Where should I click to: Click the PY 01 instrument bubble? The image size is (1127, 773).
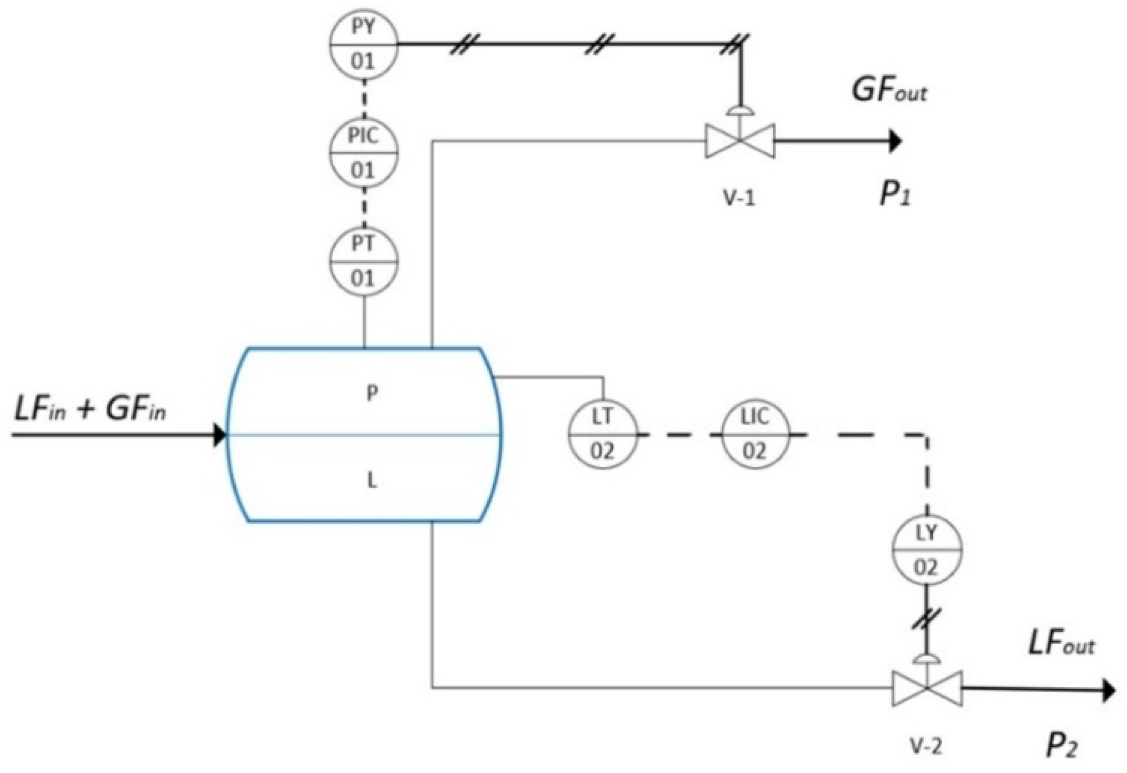364,44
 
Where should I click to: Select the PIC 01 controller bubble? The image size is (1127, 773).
364,152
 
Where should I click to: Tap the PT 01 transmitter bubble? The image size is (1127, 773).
364,261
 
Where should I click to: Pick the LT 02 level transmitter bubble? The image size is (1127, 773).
603,435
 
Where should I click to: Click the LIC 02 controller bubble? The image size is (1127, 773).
755,435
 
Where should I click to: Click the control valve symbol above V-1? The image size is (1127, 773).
740,141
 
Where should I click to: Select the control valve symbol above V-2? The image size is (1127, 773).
927,688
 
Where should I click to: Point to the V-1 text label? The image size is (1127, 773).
740,198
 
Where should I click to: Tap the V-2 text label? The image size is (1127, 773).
926,747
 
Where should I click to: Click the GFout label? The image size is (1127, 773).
889,90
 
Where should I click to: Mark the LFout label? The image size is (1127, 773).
1061,644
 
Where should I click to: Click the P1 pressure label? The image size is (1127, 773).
895,195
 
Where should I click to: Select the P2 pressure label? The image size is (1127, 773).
1061,745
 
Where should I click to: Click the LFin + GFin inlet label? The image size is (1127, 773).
90,410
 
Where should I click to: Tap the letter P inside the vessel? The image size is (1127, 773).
372,393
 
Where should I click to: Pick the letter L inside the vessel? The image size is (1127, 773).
372,481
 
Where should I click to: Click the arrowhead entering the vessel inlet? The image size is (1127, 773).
220,435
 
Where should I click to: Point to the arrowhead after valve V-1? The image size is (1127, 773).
895,141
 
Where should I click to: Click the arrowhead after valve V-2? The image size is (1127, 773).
1109,690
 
